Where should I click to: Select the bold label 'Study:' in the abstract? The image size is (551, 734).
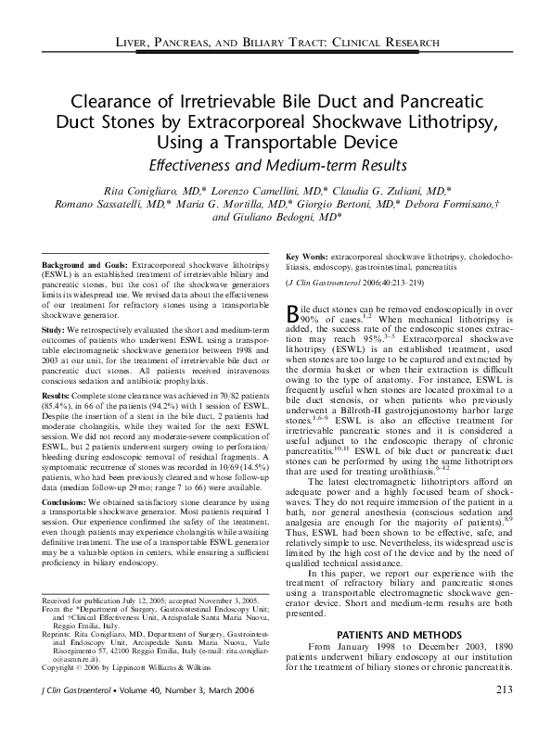53,329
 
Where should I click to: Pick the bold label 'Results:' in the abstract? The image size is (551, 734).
57,396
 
